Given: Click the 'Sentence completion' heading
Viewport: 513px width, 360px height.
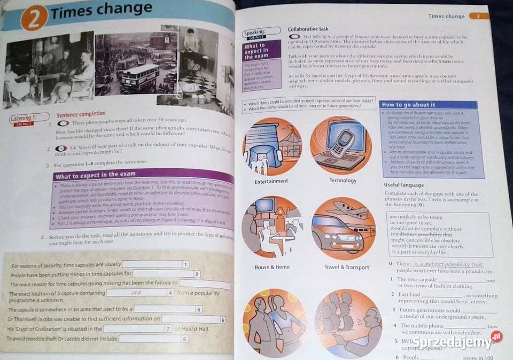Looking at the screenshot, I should pos(81,114).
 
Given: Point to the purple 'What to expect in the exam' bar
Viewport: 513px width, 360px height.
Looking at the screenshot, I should pos(144,176).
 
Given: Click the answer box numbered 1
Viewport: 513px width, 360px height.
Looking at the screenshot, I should pos(156,264).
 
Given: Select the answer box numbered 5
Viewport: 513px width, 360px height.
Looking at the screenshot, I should pos(168,309).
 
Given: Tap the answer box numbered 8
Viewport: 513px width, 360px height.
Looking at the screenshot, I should pos(154,339).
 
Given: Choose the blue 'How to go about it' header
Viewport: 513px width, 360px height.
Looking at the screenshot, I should pos(409,105).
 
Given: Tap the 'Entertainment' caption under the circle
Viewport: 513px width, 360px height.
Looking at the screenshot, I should pos(271,182).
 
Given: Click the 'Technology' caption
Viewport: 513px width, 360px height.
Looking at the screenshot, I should pos(343,181).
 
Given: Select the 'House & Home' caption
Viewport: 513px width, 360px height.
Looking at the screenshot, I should pos(272,267).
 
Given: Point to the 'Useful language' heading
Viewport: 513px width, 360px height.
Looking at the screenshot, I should pos(404,185).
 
